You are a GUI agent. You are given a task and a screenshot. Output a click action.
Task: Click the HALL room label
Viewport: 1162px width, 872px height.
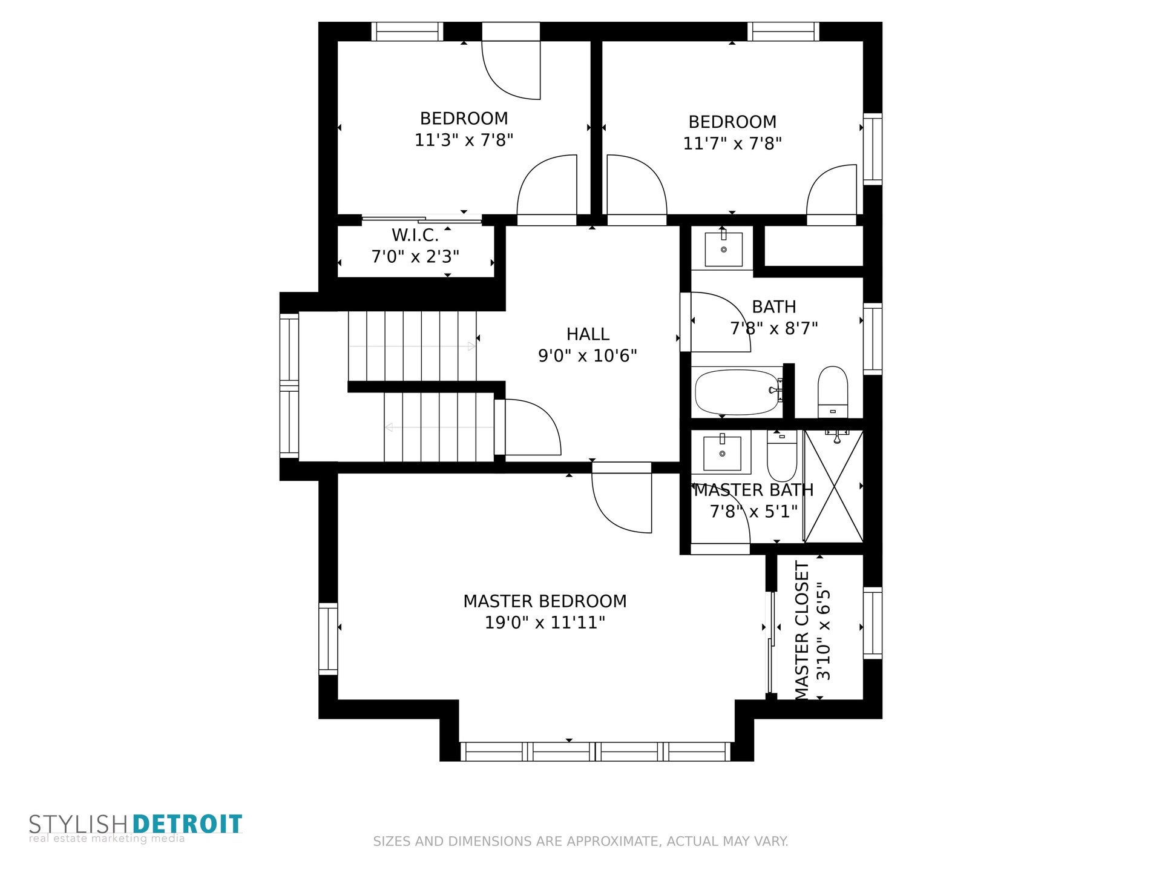(x=588, y=334)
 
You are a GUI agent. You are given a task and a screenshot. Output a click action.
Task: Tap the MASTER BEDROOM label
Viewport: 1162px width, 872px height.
(x=545, y=601)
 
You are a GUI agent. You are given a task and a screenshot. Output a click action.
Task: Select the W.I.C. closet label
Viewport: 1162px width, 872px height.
(x=415, y=235)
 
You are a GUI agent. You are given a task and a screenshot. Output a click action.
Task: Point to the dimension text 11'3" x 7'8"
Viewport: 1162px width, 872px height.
(x=464, y=140)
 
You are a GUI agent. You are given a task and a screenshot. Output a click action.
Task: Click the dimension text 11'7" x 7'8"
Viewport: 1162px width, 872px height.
(x=732, y=144)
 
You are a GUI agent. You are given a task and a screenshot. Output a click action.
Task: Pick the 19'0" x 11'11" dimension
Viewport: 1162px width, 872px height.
(x=545, y=623)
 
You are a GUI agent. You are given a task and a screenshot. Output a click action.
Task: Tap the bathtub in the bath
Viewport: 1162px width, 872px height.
(x=737, y=392)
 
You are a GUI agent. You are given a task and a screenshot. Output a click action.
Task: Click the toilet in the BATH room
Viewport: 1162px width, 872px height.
(x=833, y=391)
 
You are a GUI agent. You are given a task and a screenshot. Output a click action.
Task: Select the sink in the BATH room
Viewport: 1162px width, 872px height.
(x=723, y=248)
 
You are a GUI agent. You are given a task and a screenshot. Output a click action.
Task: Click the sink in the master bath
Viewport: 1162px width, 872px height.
(x=722, y=452)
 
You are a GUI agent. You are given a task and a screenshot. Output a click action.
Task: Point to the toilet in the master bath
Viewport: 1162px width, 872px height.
(x=782, y=456)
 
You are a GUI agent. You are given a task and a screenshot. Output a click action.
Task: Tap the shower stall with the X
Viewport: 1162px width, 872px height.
(x=833, y=486)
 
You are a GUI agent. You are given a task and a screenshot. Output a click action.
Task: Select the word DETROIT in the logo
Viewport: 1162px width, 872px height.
(x=187, y=824)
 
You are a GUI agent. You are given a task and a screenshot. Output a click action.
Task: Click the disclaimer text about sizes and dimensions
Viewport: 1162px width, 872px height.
(x=580, y=841)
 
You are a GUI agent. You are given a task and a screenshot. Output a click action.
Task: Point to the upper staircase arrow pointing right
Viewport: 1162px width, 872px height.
(x=412, y=346)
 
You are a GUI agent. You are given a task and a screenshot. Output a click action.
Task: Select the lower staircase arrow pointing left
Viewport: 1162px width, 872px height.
(x=439, y=428)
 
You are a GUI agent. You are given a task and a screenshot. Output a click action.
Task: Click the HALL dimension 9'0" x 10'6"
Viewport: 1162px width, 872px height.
(x=588, y=355)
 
